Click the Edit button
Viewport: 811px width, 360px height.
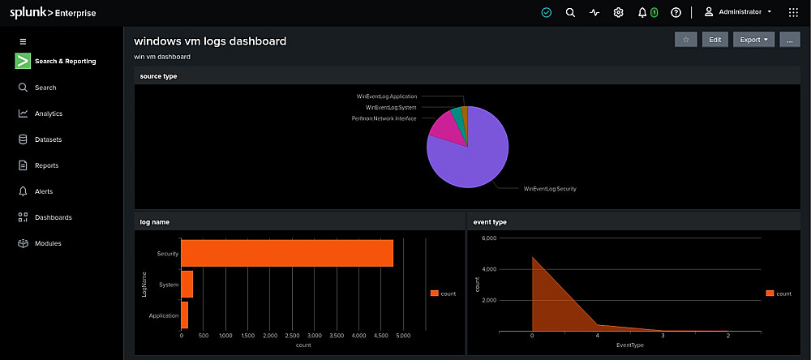[714, 39]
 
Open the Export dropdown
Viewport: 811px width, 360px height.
[753, 39]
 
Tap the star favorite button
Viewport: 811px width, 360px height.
[686, 39]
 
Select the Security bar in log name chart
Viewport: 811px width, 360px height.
[287, 253]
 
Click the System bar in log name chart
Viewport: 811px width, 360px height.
[187, 284]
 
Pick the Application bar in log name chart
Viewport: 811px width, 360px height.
[185, 315]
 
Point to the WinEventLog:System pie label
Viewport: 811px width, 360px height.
[391, 108]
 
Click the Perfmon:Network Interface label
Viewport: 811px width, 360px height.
[384, 118]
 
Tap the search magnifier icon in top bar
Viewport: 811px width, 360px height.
[570, 12]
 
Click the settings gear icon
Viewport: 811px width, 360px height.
[618, 12]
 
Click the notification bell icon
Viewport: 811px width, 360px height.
[642, 12]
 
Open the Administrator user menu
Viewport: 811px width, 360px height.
[739, 12]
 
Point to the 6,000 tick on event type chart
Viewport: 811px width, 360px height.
[489, 238]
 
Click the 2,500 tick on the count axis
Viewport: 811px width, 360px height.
[292, 336]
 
